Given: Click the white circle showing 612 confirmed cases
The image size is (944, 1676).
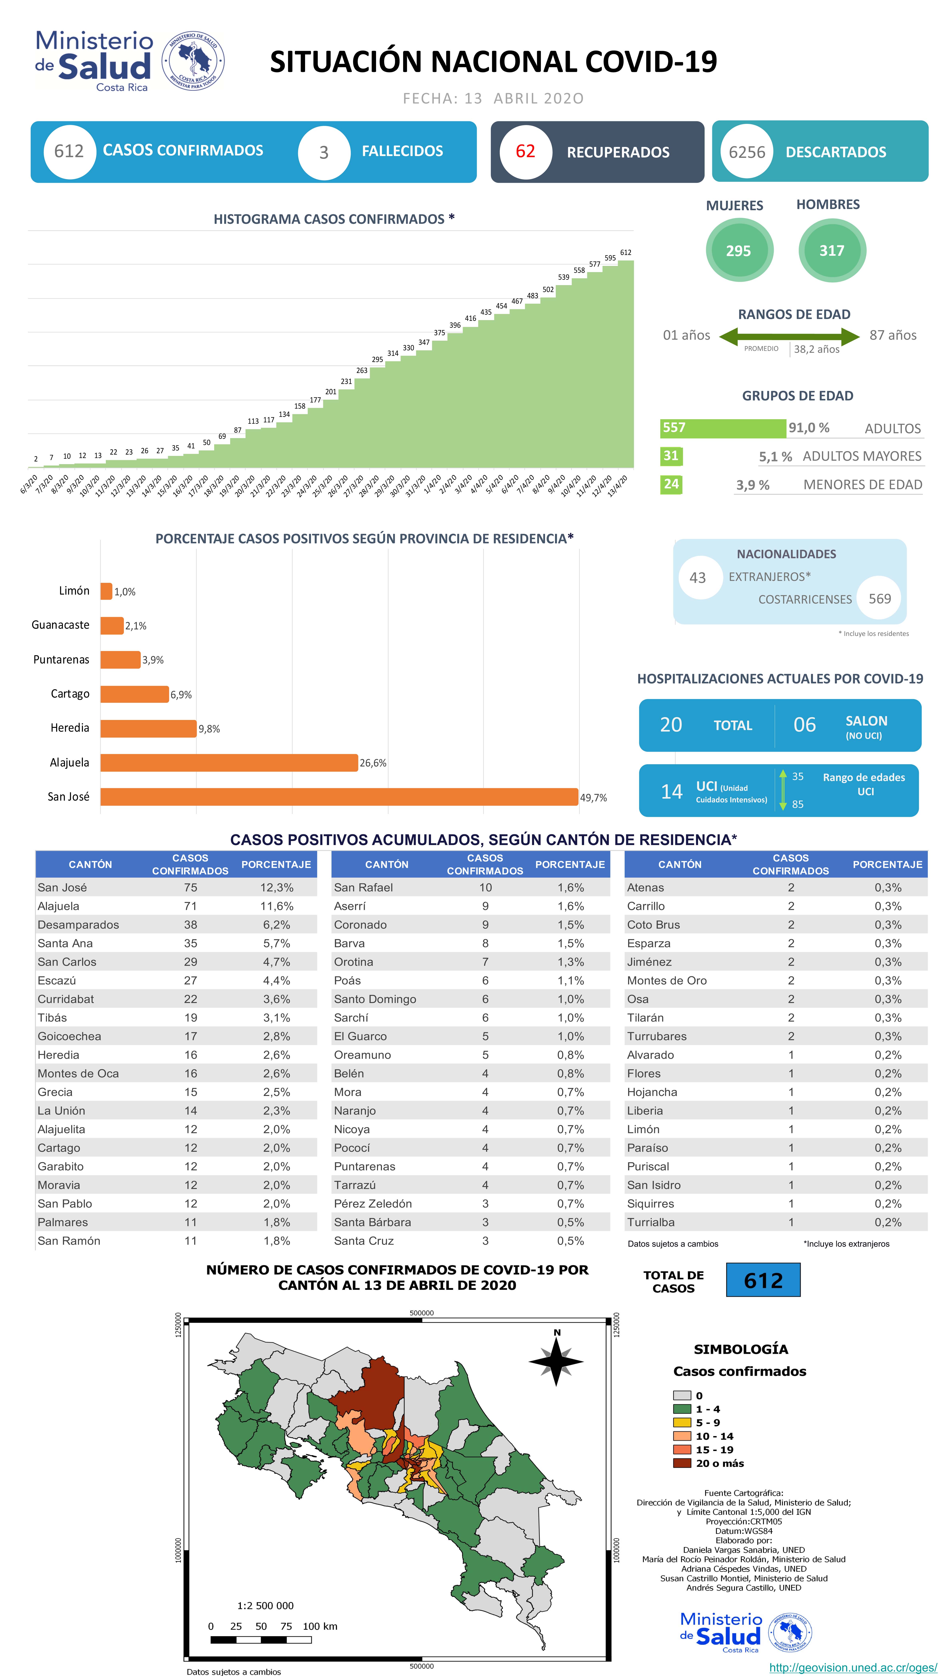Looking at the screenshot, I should (x=69, y=152).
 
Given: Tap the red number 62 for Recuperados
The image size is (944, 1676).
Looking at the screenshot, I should (x=525, y=152).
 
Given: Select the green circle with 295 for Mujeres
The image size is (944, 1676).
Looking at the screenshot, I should (x=738, y=251).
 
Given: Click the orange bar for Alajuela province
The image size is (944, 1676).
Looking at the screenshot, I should (x=229, y=762).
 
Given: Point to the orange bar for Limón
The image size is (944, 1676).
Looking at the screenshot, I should (x=106, y=591).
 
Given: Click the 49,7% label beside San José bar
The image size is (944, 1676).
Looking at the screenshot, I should (x=593, y=798).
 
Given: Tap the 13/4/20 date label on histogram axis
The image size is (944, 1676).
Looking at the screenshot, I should (x=618, y=485).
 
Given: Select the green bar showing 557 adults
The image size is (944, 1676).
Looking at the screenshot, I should (x=722, y=428).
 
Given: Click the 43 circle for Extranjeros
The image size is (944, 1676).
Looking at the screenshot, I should (x=697, y=578).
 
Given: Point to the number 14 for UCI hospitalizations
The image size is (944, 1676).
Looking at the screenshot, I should (x=671, y=791).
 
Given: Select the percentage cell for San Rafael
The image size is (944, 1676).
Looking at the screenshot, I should (x=571, y=887).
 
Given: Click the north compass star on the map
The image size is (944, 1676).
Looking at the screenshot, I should (x=556, y=1361).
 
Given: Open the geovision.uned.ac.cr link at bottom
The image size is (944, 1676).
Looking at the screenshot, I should (x=852, y=1667).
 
